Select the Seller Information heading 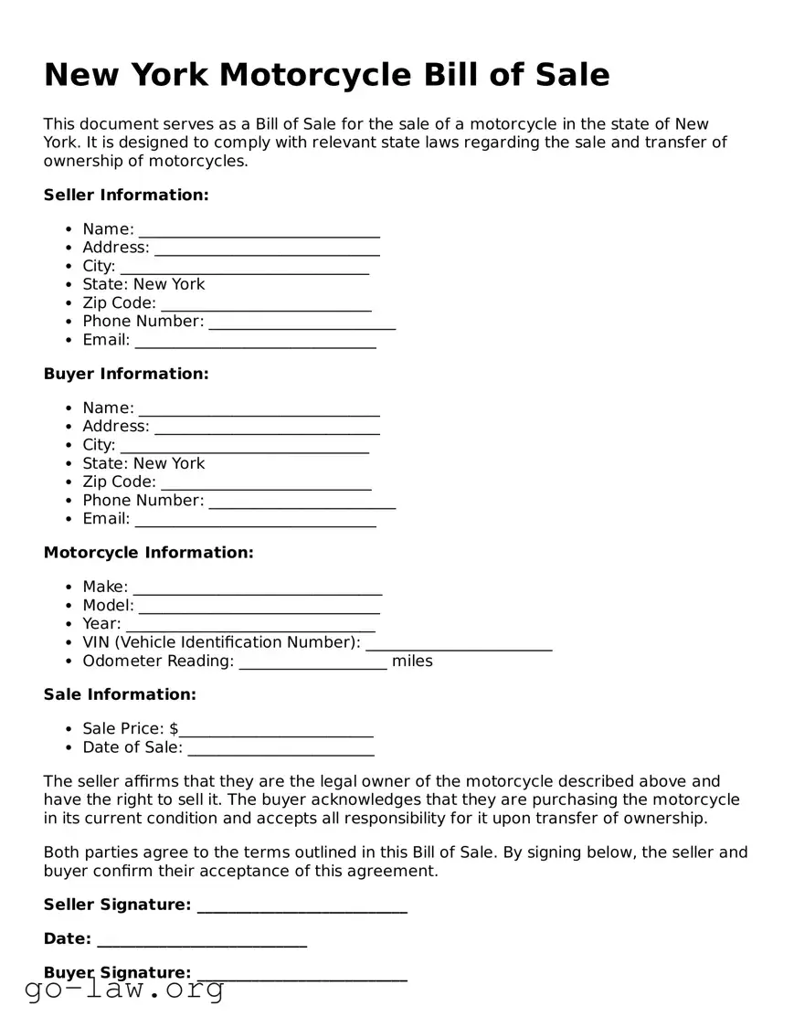coord(126,195)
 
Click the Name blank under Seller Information coord(259,230)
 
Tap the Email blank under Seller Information coord(255,341)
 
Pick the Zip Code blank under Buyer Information coord(266,482)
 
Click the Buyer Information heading coord(126,374)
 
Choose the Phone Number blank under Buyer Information coord(302,501)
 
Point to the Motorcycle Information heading coord(148,553)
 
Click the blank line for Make coord(257,588)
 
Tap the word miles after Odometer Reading coord(412,661)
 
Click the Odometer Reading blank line coord(312,662)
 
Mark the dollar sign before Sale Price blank coord(174,728)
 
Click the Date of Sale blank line coord(281,748)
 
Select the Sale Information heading coord(120,694)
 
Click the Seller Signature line coord(302,906)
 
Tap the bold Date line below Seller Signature coord(201,940)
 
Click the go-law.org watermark coord(124,989)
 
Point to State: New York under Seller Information coord(143,284)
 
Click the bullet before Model coord(70,606)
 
